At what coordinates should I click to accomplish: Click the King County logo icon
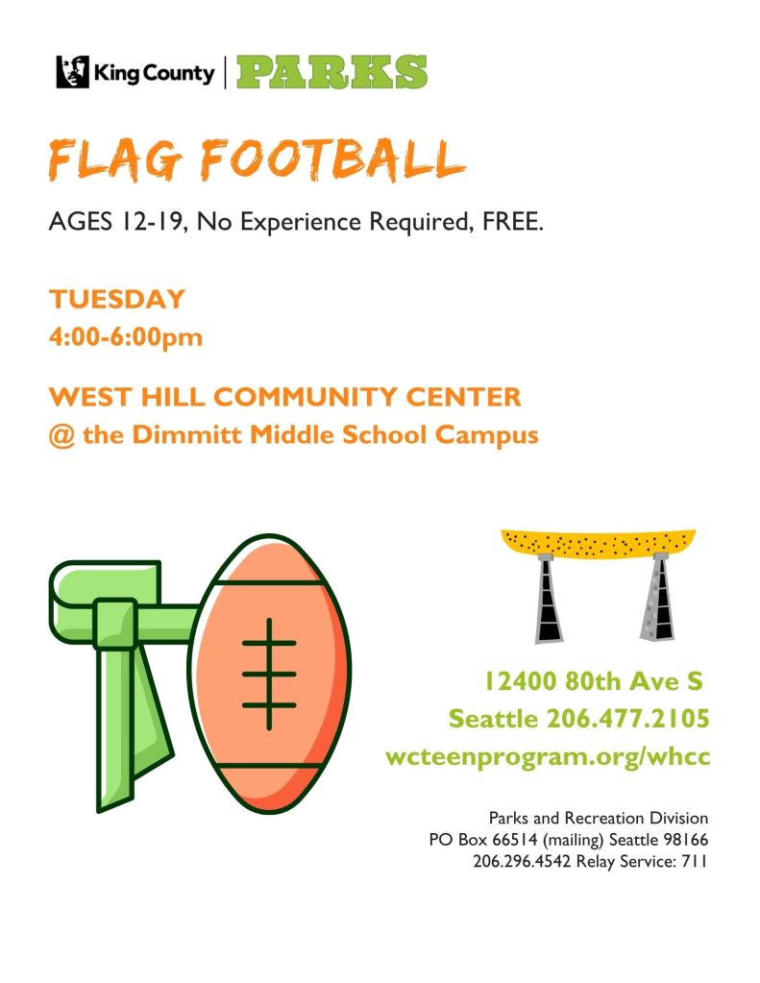(x=73, y=71)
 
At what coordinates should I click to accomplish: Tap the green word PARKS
(x=331, y=71)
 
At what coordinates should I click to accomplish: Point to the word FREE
(x=512, y=221)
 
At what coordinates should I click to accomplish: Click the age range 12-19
(x=153, y=222)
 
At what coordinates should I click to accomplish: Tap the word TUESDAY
(x=117, y=299)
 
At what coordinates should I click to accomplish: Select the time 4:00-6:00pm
(x=126, y=337)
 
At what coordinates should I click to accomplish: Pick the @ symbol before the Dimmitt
(x=61, y=435)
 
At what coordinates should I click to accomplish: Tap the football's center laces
(x=269, y=674)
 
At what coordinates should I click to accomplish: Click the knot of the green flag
(x=114, y=624)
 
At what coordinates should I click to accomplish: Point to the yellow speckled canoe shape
(x=599, y=544)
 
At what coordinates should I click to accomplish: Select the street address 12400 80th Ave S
(x=594, y=681)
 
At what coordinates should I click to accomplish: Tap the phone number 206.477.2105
(x=627, y=719)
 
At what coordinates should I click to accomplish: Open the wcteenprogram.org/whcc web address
(x=548, y=756)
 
